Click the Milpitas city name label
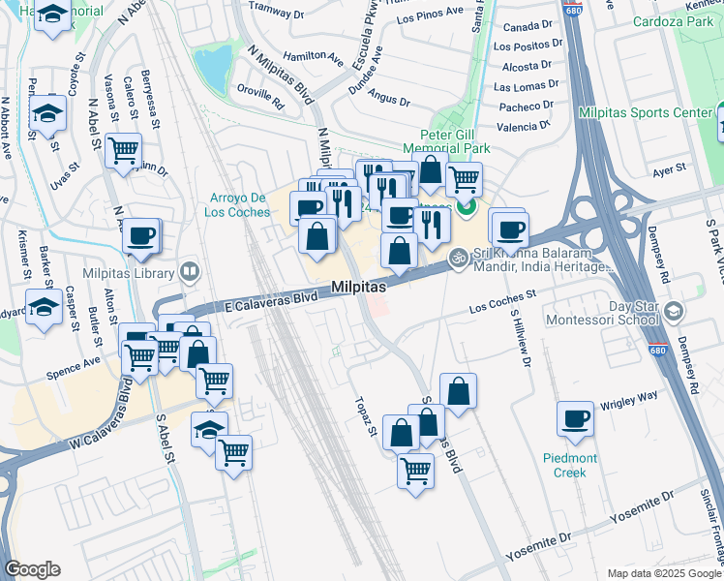click(359, 288)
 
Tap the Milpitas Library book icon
click(191, 270)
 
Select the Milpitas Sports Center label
click(645, 113)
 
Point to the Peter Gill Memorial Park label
click(454, 141)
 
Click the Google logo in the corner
click(33, 569)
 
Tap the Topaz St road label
click(364, 415)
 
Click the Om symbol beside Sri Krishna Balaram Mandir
click(460, 258)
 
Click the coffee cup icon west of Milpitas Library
click(141, 235)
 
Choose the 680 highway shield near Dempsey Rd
click(661, 346)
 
